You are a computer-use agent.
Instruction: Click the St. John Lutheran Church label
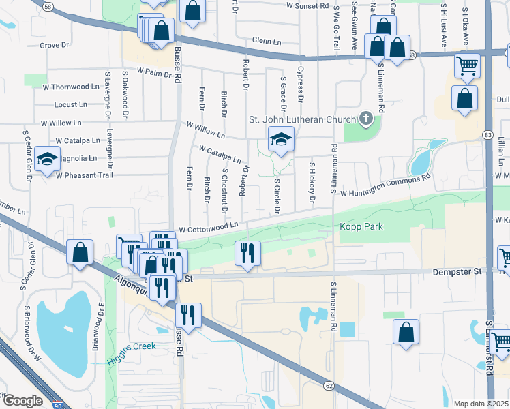coord(301,121)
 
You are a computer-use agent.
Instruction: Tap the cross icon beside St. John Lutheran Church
coord(365,120)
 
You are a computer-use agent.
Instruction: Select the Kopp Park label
coord(361,226)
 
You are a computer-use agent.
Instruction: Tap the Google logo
coord(22,401)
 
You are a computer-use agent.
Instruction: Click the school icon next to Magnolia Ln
coord(47,159)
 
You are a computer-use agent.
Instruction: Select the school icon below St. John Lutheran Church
coord(280,139)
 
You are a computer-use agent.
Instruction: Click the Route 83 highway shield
coord(488,135)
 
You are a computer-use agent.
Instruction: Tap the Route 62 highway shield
coord(329,386)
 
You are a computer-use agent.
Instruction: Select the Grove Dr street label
coord(55,46)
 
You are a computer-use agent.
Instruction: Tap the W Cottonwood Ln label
coord(209,227)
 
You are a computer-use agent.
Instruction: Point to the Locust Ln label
coord(71,105)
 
